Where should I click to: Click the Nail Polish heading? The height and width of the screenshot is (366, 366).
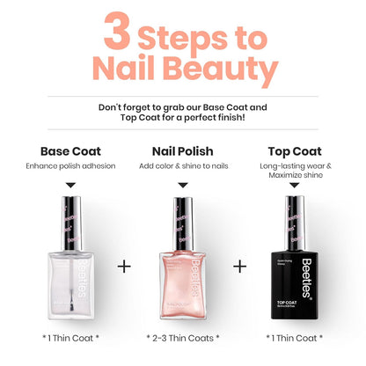click(182, 150)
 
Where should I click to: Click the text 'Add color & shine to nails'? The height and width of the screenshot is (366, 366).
click(182, 166)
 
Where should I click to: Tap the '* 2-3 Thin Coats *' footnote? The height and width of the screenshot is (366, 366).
click(182, 337)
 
